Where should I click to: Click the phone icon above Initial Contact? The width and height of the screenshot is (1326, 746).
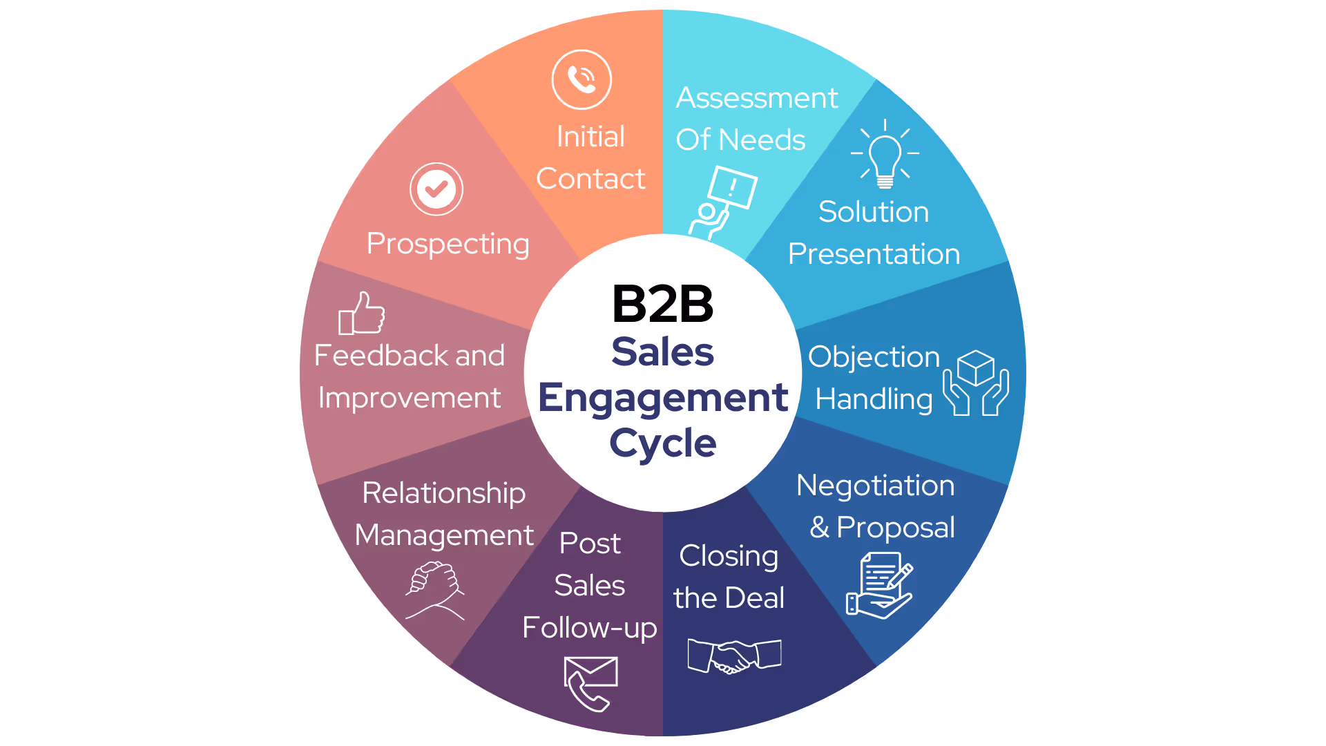pyautogui.click(x=582, y=79)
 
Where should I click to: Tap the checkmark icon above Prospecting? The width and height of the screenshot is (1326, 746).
pyautogui.click(x=436, y=189)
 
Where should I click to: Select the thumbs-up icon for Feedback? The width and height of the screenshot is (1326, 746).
pyautogui.click(x=362, y=314)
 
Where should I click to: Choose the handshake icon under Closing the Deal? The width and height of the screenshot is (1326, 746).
pyautogui.click(x=734, y=656)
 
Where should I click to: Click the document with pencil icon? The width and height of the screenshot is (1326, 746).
pyautogui.click(x=880, y=586)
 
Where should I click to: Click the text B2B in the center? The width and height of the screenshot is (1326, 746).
pyautogui.click(x=662, y=304)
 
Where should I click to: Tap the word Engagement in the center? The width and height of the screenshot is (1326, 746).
pyautogui.click(x=663, y=398)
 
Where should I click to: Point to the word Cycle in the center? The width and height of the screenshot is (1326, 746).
pyautogui.click(x=663, y=443)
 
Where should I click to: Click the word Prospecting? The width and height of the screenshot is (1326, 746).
pyautogui.click(x=448, y=244)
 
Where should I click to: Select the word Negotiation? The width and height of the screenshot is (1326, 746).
pyautogui.click(x=875, y=485)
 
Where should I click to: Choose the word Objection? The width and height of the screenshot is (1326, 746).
pyautogui.click(x=874, y=357)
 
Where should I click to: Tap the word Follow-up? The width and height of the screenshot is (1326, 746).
pyautogui.click(x=589, y=628)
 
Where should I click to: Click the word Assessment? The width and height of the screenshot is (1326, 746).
pyautogui.click(x=756, y=98)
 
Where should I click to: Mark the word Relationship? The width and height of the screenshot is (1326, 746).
pyautogui.click(x=443, y=493)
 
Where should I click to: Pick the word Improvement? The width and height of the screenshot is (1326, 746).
pyautogui.click(x=409, y=399)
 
